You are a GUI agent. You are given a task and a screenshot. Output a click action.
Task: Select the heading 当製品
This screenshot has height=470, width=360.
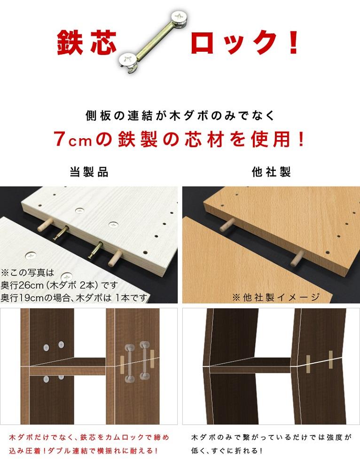(x=89, y=172)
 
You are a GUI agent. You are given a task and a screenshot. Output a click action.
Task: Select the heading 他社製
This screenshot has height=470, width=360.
(x=271, y=172)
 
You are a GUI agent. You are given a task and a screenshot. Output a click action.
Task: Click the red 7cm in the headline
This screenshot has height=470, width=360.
(x=70, y=139)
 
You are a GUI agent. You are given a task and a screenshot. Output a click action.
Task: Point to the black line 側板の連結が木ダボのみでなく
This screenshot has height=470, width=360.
(x=180, y=115)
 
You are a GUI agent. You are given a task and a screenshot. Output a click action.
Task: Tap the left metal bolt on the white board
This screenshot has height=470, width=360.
(x=63, y=233)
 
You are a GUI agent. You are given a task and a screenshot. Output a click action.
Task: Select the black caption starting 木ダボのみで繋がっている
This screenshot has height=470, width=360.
(x=271, y=444)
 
